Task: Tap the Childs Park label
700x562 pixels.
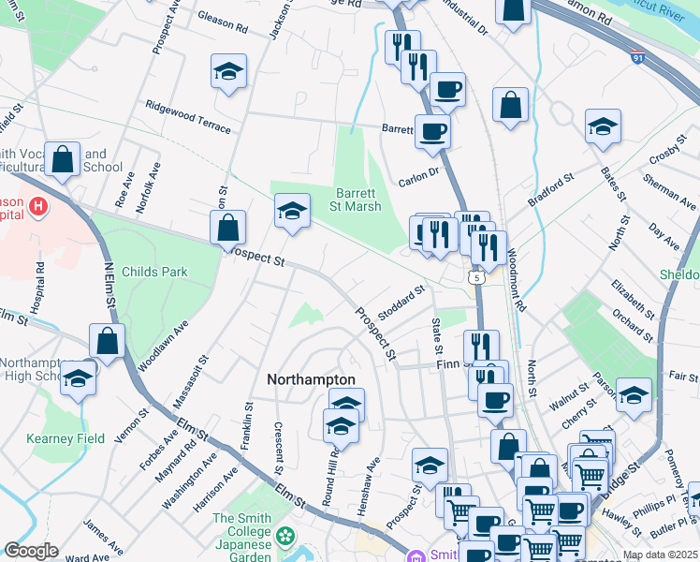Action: pos(154,273)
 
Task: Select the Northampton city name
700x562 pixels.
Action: pos(311,379)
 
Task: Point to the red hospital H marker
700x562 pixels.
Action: pos(38,206)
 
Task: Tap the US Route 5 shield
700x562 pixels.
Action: pos(477,277)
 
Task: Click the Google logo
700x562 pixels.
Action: pos(32,552)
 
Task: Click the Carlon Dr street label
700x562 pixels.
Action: pos(418,172)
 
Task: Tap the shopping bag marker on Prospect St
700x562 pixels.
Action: pos(227,228)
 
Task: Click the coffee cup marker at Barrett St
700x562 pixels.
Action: pos(431,131)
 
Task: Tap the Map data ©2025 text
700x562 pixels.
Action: pos(660,555)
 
